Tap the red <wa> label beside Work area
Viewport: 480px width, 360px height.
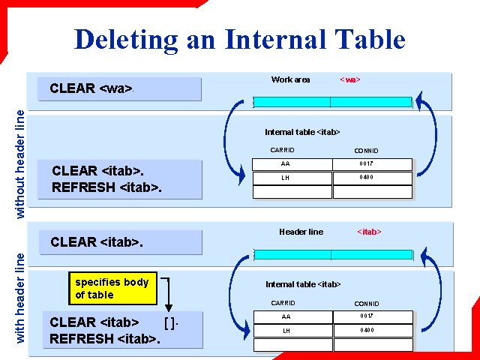pos(350,79)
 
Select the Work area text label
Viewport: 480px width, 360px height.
pos(290,79)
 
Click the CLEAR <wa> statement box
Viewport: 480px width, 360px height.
pos(120,88)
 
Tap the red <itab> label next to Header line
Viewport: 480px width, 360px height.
pos(369,232)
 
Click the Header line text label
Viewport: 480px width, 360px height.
pos(301,232)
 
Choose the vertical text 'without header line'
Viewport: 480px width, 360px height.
pos(21,165)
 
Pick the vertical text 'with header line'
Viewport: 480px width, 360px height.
pos(21,298)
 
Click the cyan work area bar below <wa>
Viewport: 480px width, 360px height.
pos(332,102)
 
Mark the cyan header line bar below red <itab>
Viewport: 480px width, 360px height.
pos(333,254)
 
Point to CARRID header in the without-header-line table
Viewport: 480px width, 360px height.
pos(282,151)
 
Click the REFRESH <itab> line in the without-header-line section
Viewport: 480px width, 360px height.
pos(107,187)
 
